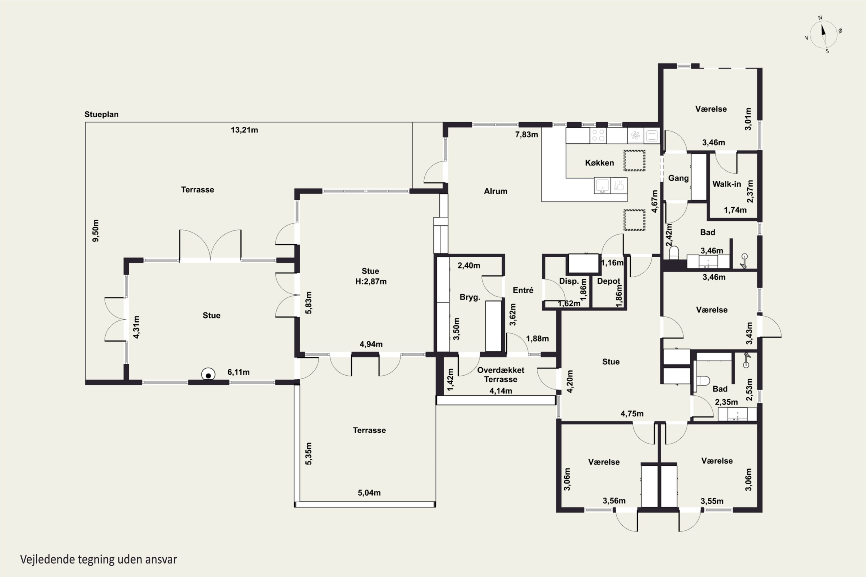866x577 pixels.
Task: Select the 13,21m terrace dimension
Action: coord(244,130)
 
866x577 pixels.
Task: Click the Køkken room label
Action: coord(600,163)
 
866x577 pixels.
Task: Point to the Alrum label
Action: coord(496,191)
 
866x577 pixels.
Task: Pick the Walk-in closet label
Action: coord(727,184)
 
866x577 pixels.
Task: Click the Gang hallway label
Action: coord(678,178)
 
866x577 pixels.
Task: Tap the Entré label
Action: coord(523,290)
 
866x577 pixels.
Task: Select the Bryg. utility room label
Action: coord(470,297)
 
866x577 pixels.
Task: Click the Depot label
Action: coord(609,281)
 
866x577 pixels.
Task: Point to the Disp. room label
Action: coord(569,281)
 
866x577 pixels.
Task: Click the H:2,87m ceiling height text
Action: coord(371,282)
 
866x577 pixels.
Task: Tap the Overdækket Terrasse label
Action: coord(501,374)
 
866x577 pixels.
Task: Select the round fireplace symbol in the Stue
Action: coord(208,375)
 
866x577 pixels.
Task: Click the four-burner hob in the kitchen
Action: coord(598,135)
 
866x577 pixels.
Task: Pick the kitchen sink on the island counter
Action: coord(602,186)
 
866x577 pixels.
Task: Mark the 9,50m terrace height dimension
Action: coord(96,231)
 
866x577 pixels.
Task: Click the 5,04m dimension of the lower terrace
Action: coord(369,493)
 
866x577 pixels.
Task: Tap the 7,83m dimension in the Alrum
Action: coord(527,135)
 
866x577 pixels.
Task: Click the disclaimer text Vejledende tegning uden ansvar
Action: coord(99,559)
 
